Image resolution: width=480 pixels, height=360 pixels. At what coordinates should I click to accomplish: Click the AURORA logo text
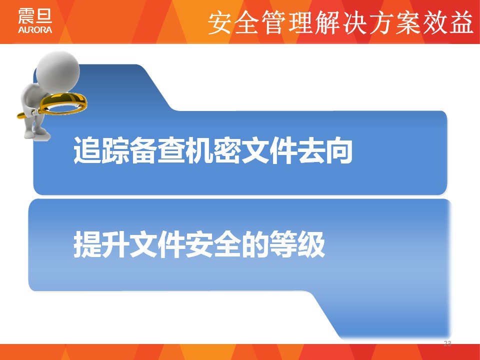[x=35, y=29]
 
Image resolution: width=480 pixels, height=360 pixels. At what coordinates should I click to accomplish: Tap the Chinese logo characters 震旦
[x=35, y=16]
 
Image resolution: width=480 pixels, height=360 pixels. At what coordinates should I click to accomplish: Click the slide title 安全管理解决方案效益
[x=340, y=22]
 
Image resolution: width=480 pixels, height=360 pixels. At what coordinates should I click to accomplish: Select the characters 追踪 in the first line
[x=100, y=150]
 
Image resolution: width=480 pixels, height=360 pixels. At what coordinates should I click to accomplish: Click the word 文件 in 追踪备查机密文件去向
[x=268, y=150]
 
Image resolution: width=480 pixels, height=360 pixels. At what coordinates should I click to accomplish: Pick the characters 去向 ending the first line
[x=324, y=150]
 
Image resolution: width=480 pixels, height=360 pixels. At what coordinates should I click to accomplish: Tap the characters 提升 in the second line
[x=100, y=244]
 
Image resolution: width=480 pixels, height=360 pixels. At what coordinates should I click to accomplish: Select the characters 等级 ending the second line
[x=296, y=244]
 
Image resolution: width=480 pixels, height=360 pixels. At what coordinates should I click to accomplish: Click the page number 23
[x=447, y=343]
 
